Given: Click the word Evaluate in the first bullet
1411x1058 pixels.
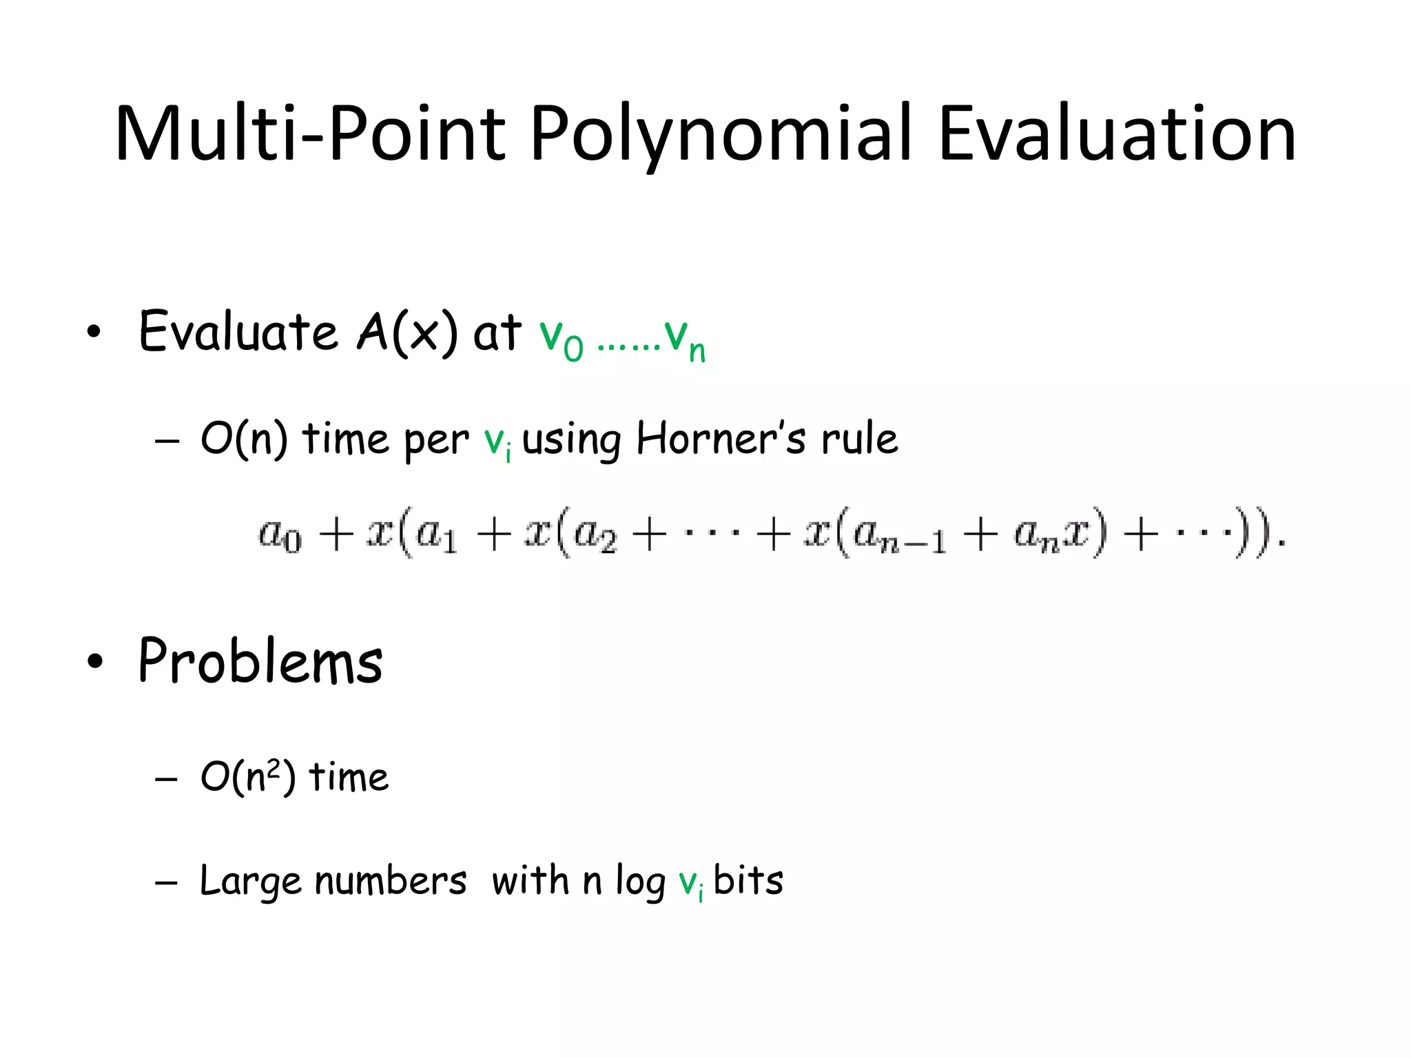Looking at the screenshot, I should click(x=238, y=332).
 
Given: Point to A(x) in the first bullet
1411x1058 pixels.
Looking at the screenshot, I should click(x=406, y=332).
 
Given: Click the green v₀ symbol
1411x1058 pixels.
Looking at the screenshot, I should click(x=560, y=338).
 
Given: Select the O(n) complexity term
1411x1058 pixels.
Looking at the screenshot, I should click(x=244, y=439).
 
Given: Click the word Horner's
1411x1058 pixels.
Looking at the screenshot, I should click(x=721, y=439).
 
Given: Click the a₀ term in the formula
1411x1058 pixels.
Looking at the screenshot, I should click(x=280, y=535).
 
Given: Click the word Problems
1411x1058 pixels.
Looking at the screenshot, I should click(x=260, y=661).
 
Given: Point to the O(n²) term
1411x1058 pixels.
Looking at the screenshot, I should click(x=248, y=777).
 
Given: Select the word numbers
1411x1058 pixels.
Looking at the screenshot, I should click(x=390, y=881).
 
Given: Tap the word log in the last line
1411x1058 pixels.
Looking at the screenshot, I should click(x=640, y=882).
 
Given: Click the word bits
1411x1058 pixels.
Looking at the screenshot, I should click(x=748, y=881).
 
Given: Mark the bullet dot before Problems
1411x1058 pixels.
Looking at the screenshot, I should click(x=95, y=661).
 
